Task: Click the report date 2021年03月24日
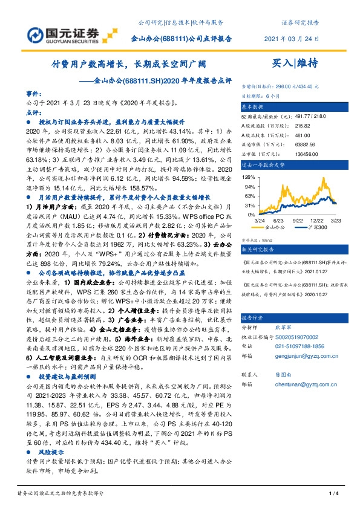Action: click(x=291, y=39)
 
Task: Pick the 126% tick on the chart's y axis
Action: click(x=247, y=177)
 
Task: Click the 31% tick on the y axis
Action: click(x=248, y=205)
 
